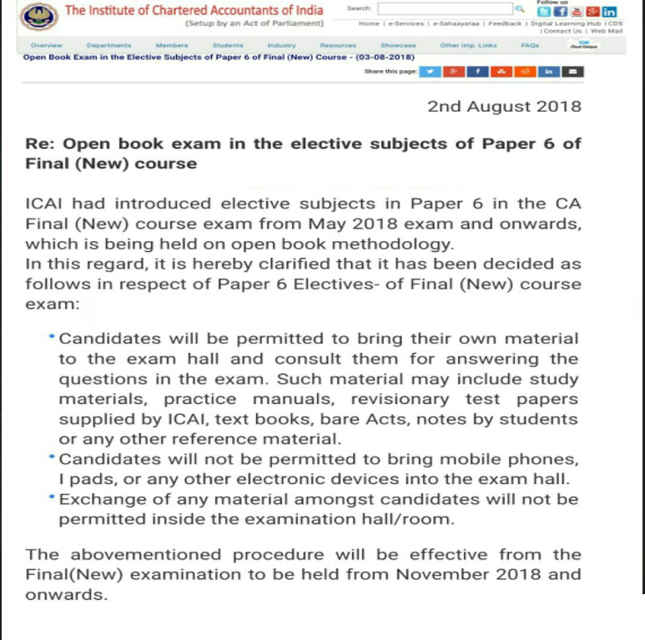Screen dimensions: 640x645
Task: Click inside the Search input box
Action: pos(444,9)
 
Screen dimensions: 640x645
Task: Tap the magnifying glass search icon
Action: pos(519,9)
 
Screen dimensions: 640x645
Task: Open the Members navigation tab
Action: pos(171,45)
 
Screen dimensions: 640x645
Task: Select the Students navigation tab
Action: pos(228,45)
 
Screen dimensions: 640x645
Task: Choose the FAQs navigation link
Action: pos(529,45)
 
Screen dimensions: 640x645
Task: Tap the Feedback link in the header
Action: pos(505,23)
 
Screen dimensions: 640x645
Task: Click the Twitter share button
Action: pos(430,72)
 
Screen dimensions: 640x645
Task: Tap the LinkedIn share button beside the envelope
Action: pos(549,72)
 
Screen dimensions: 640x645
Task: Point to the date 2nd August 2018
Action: pos(504,107)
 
